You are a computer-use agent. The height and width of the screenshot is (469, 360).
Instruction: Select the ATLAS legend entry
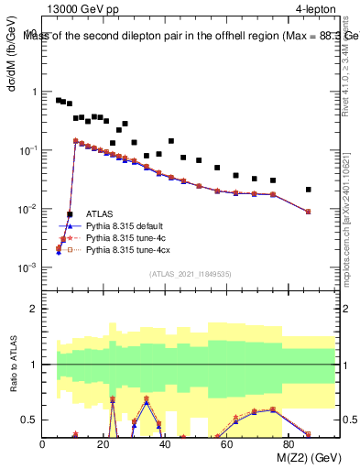(x=101, y=213)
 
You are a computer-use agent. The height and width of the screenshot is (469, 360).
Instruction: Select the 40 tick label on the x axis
(x=166, y=445)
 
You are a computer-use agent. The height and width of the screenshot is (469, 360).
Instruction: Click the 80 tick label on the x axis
(x=289, y=445)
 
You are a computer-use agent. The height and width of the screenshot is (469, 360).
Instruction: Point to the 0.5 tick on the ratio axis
(x=30, y=420)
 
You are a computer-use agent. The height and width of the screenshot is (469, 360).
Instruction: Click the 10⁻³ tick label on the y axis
(x=27, y=267)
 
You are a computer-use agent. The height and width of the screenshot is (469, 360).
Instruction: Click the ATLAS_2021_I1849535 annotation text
(x=189, y=274)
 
